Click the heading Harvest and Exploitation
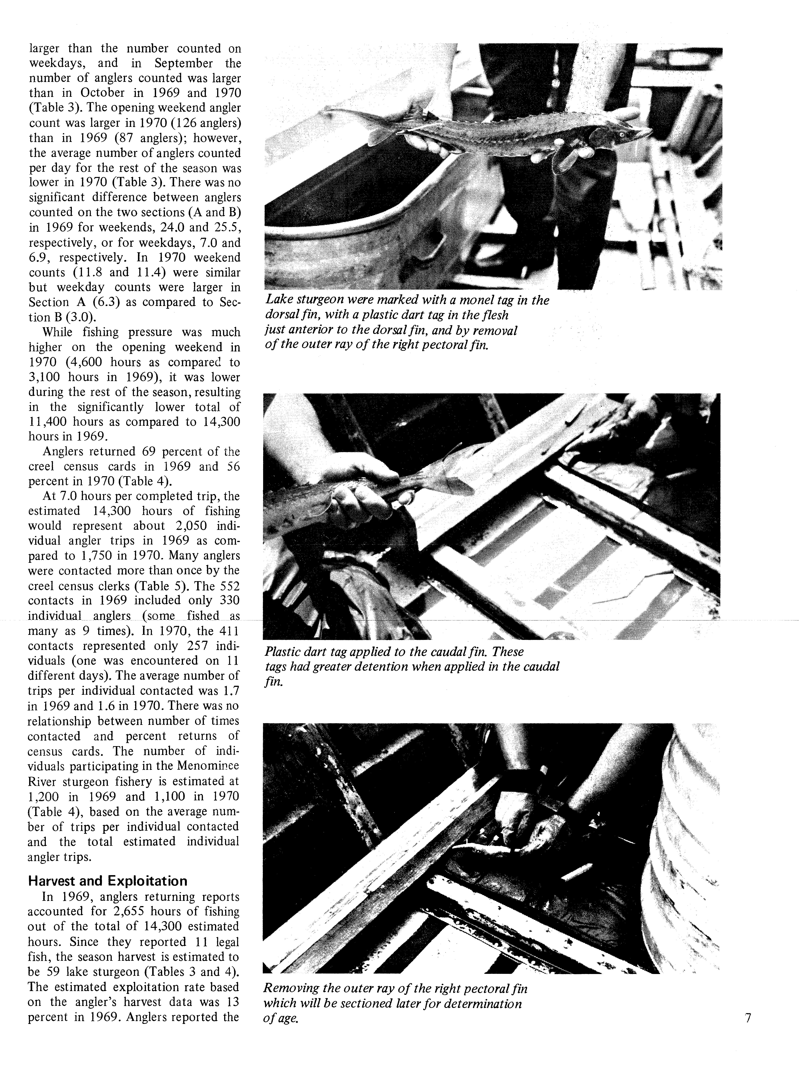coord(107,881)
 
